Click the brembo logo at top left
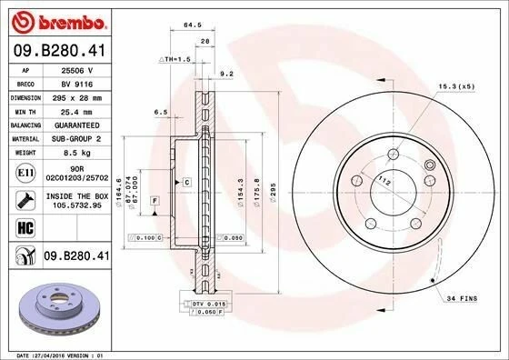click(x=58, y=19)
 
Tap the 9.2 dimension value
click(x=227, y=74)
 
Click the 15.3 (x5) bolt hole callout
click(x=457, y=86)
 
